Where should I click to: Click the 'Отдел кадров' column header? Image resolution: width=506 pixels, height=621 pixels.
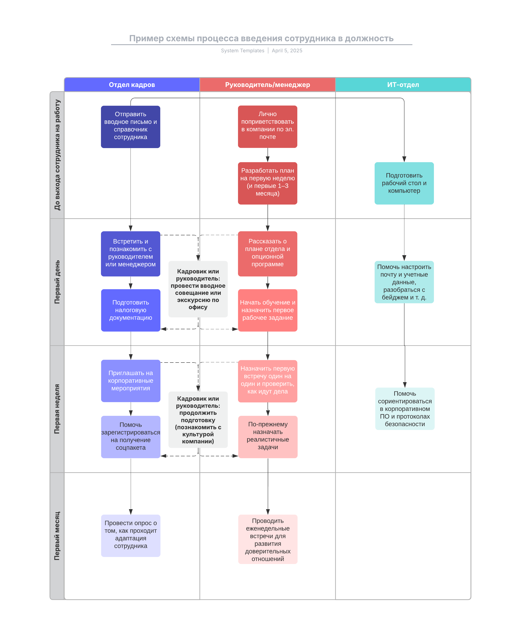click(132, 85)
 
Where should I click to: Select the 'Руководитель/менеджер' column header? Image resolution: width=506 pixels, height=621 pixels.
click(267, 85)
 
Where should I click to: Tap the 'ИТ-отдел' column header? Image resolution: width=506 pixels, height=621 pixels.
click(403, 85)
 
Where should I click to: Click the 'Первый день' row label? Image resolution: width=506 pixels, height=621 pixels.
click(57, 282)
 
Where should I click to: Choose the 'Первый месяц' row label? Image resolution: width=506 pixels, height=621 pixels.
click(57, 536)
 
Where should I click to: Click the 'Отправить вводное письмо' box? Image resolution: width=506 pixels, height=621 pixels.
click(131, 127)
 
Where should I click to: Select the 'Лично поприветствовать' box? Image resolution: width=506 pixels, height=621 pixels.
click(268, 126)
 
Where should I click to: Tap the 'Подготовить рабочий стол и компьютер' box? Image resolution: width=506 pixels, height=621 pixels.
click(404, 183)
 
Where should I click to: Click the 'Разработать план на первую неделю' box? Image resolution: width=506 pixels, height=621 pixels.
click(268, 183)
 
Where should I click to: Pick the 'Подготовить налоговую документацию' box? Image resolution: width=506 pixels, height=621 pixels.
click(131, 310)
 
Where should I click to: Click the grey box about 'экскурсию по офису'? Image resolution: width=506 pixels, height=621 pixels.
click(198, 289)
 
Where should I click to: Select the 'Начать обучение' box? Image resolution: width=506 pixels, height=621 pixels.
click(268, 310)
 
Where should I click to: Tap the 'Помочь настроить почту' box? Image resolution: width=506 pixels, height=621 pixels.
click(404, 282)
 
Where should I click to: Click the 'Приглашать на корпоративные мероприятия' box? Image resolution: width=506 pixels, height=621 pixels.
click(131, 380)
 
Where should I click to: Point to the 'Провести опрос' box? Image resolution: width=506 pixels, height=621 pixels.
click(131, 535)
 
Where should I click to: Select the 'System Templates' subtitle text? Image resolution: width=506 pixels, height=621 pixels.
click(242, 51)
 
